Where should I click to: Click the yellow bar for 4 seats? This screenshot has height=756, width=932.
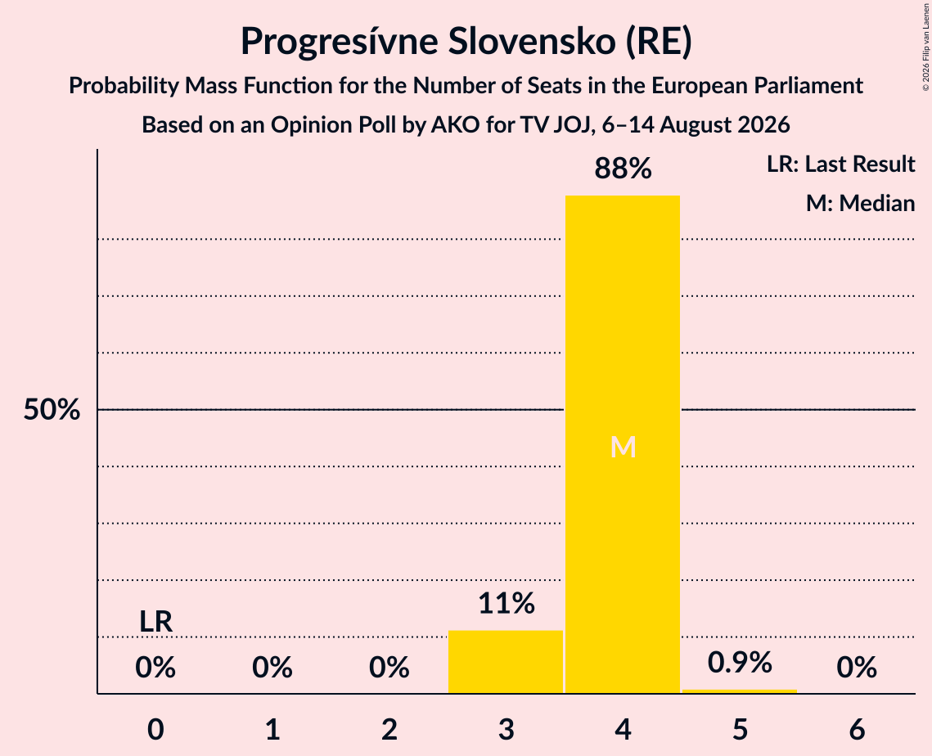(x=623, y=444)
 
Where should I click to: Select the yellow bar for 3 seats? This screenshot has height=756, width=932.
(x=505, y=661)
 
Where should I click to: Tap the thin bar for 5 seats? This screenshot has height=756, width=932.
(x=740, y=691)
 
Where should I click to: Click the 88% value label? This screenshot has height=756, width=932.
(x=623, y=169)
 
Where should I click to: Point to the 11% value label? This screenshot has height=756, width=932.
(x=507, y=603)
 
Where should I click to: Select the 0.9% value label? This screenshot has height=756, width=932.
(x=740, y=662)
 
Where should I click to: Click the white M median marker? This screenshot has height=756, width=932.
(x=623, y=447)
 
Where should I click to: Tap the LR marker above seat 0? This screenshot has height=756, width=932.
(x=155, y=622)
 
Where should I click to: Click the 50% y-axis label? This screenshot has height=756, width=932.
(x=52, y=409)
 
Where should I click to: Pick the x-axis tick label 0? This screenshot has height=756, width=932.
(x=155, y=729)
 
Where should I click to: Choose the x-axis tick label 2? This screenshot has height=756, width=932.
(x=389, y=729)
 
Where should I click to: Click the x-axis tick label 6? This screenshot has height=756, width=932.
(x=857, y=729)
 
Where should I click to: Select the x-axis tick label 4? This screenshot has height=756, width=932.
(x=623, y=729)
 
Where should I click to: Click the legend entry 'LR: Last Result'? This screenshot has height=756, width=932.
(x=840, y=164)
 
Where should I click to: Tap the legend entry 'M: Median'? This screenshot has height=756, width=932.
(x=860, y=203)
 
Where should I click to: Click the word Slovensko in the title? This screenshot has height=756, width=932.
(x=531, y=41)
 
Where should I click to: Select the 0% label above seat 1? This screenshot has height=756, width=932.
(x=272, y=668)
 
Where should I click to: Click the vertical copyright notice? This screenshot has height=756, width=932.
(x=926, y=47)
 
